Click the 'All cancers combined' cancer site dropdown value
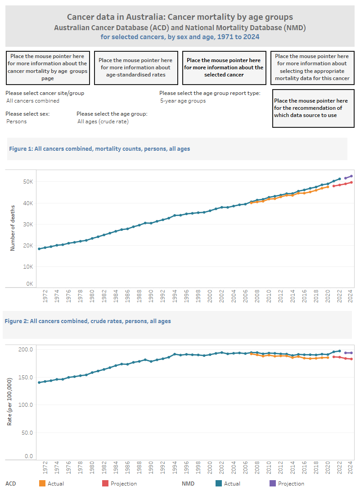coord(33,101)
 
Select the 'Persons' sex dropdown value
coord(17,121)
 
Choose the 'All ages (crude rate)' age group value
coord(103,121)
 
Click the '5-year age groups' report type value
coord(183,101)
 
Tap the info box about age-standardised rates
coord(135,67)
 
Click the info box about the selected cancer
coord(224,67)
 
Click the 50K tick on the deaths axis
coord(29,182)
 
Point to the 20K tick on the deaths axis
coord(29,246)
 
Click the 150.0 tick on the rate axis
coord(26,377)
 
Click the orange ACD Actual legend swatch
coord(42,484)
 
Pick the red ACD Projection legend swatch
coord(105,484)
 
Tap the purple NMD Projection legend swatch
coord(272,484)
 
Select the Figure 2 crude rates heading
coord(88,321)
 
